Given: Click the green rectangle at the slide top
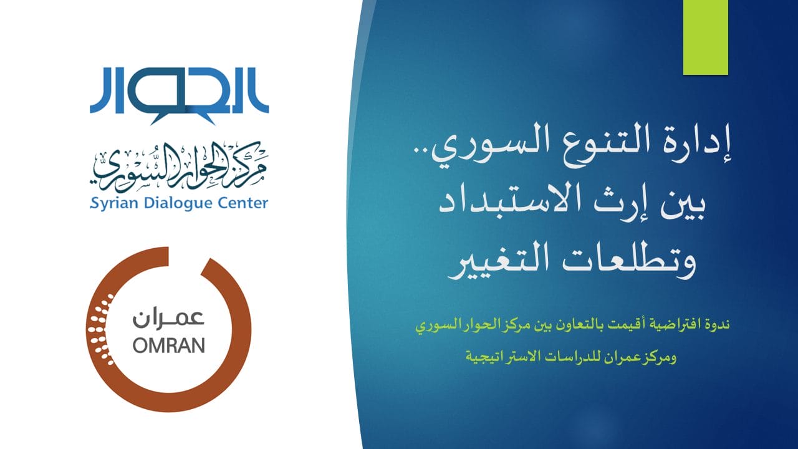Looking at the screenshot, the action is (x=705, y=37).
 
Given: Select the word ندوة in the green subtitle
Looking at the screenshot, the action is (x=716, y=325).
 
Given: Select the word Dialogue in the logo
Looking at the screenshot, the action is (x=178, y=204).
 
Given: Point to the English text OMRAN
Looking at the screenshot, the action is (x=169, y=345).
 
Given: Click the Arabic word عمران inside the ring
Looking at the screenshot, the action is (x=169, y=318).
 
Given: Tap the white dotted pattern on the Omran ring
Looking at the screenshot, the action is (x=101, y=330).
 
